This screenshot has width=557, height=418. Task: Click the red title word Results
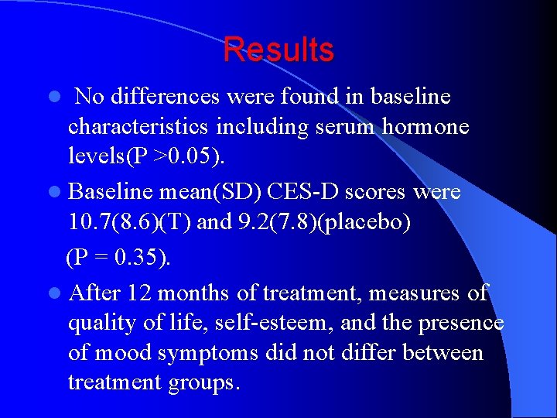point(278,50)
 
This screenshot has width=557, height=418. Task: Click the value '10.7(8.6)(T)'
point(130,223)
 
